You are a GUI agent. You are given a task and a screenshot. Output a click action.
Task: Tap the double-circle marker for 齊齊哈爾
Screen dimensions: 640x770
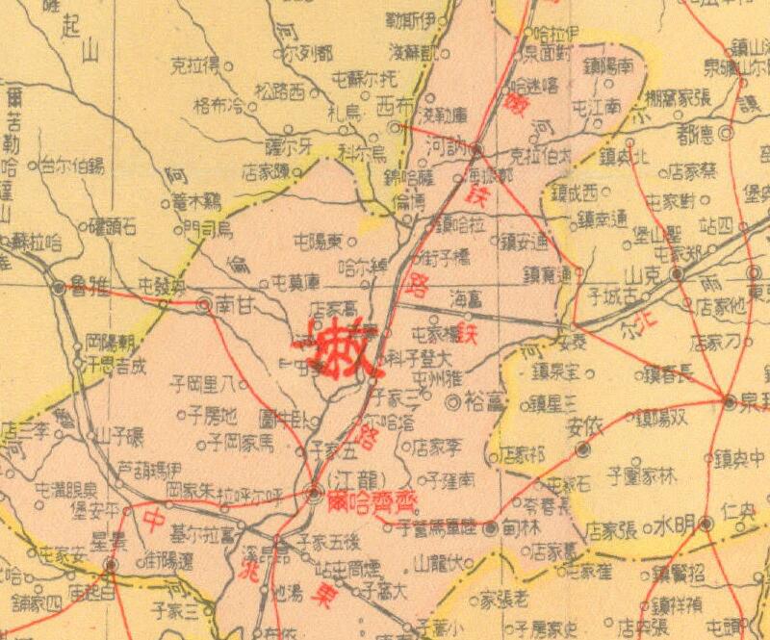click(314, 495)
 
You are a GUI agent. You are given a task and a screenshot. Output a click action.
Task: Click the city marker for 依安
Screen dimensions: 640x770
click(581, 449)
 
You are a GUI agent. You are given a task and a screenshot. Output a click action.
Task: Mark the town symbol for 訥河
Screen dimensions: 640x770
click(474, 149)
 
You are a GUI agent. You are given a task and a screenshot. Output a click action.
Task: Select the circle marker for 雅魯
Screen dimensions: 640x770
click(59, 287)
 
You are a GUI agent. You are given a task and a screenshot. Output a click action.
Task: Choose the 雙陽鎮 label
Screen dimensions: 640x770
click(664, 419)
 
